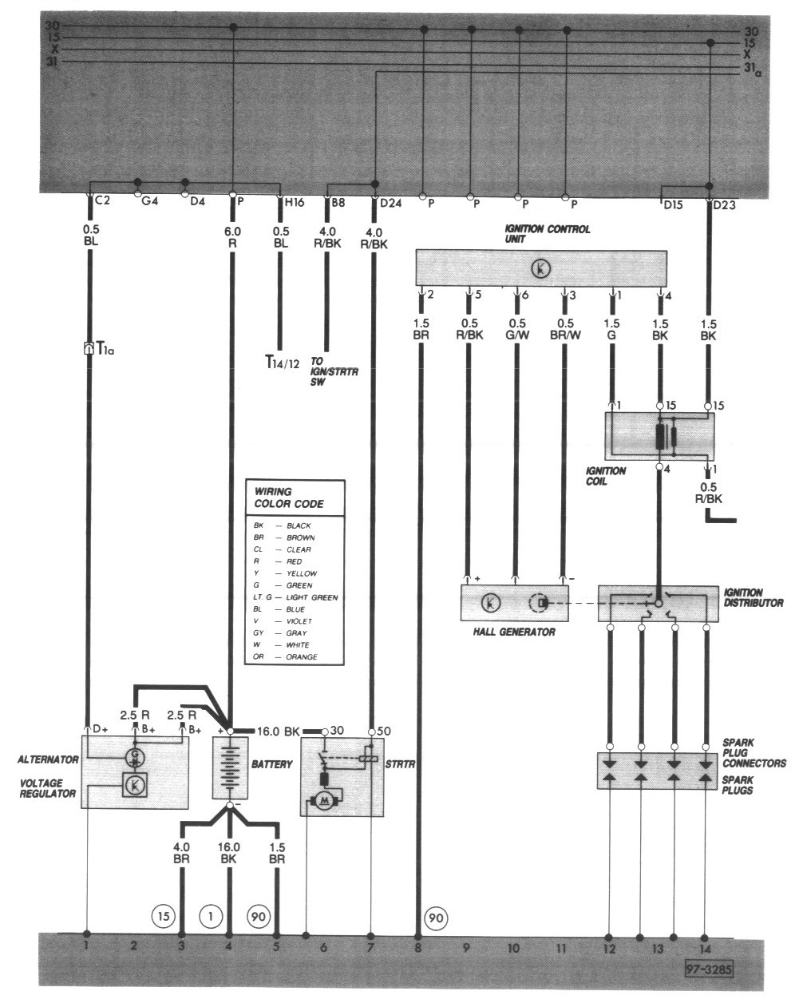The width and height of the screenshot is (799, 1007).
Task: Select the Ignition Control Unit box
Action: (541, 268)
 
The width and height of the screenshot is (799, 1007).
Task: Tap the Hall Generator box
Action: (514, 603)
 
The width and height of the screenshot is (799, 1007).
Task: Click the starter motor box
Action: (342, 775)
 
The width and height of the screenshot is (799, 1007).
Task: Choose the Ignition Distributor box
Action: (657, 604)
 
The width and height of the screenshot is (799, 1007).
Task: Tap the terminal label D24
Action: (390, 202)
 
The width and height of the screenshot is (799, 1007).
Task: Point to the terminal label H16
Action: (294, 202)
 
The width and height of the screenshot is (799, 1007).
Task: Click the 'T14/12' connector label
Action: (282, 363)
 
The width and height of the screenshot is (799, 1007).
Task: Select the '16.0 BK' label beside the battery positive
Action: (278, 730)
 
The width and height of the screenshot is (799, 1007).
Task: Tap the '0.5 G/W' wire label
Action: (518, 329)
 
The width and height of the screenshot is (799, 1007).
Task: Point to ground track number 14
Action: (705, 949)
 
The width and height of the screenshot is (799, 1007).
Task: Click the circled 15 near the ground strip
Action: (163, 915)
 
